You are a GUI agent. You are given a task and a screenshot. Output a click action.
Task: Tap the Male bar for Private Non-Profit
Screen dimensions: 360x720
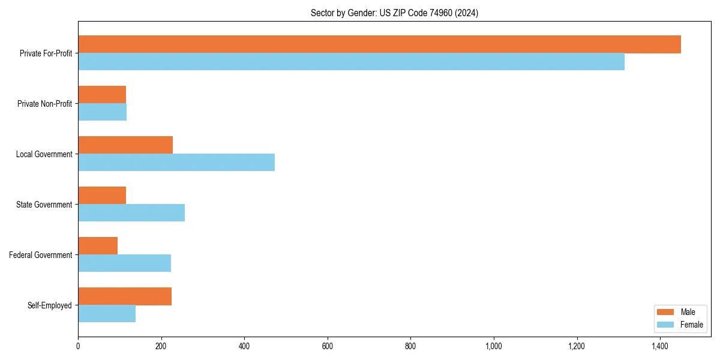(102, 95)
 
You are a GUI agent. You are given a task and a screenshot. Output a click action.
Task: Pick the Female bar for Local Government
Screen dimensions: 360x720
(176, 163)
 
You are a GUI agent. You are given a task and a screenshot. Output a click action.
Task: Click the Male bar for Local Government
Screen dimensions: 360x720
(125, 145)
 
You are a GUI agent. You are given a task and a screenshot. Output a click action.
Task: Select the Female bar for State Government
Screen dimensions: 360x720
(131, 213)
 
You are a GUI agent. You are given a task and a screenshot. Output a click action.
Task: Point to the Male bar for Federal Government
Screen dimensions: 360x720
(98, 246)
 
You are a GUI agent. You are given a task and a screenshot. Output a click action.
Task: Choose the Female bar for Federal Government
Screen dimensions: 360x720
(124, 263)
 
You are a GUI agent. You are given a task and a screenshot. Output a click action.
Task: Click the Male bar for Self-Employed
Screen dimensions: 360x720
(125, 296)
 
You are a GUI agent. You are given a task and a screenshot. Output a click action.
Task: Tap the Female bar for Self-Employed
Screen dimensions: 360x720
(107, 314)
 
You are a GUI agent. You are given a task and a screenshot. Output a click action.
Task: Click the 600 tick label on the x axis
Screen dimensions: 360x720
(328, 346)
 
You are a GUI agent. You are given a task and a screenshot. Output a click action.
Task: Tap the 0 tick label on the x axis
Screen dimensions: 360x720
(78, 346)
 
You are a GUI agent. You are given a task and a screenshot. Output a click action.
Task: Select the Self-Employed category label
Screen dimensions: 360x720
(50, 305)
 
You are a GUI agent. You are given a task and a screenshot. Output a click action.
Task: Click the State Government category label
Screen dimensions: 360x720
(44, 205)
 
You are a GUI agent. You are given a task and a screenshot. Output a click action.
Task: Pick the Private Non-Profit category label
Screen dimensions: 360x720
(44, 104)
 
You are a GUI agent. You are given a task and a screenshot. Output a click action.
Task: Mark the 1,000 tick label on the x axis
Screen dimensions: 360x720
(494, 346)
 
